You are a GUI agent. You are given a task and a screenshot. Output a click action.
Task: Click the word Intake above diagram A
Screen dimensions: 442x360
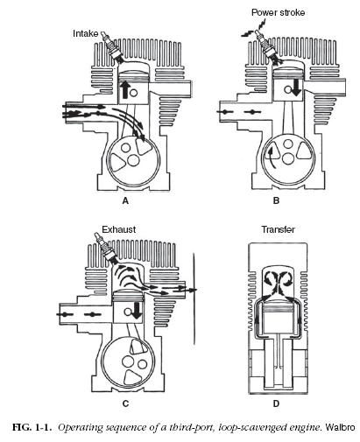pos(89,33)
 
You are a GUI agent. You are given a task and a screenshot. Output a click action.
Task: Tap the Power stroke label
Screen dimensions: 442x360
pos(279,13)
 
